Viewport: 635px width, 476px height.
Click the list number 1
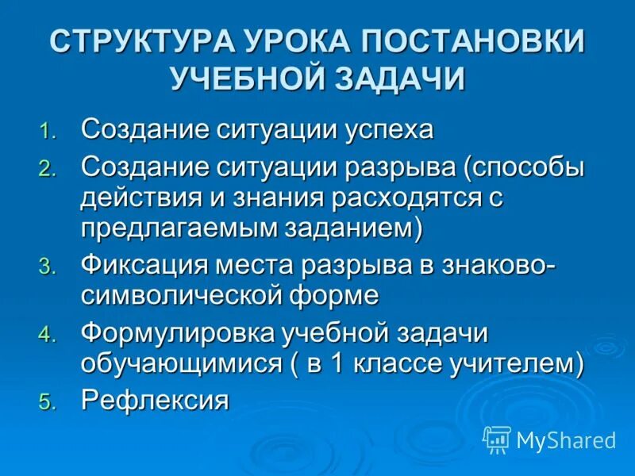48,132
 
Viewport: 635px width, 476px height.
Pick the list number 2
48,169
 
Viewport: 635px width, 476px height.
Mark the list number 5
48,402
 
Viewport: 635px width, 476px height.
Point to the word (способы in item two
524,167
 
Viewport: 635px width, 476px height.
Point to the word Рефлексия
155,400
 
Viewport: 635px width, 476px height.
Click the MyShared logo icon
497,439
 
